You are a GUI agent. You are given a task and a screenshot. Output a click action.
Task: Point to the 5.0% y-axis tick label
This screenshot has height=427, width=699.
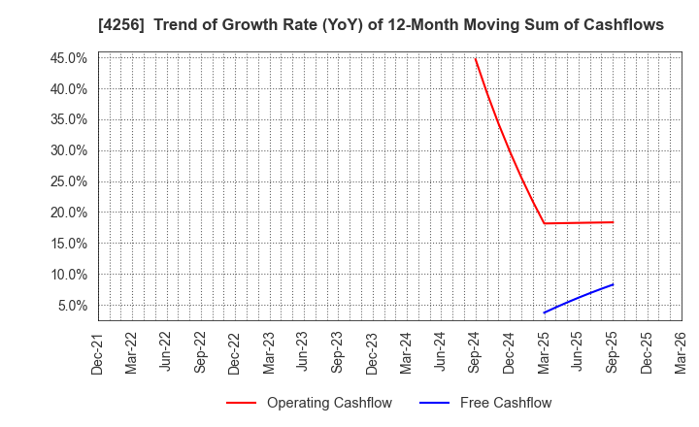71,306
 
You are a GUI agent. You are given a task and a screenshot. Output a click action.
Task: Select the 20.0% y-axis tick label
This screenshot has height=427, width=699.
67,213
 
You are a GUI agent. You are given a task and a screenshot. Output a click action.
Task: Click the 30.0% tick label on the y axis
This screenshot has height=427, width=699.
67,150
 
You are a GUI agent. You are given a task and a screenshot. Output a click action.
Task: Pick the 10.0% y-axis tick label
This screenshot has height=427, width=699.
67,275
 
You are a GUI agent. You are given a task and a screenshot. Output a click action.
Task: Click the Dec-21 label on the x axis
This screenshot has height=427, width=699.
98,353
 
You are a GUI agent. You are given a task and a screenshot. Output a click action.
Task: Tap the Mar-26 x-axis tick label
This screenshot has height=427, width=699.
681,353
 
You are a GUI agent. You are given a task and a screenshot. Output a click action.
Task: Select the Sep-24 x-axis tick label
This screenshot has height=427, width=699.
475,353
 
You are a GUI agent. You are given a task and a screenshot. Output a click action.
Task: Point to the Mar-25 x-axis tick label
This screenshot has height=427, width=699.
544,353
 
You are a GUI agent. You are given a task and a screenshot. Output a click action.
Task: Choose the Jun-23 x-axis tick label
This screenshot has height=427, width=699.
304,353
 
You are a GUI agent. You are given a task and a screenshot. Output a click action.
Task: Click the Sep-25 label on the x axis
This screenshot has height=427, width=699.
613,353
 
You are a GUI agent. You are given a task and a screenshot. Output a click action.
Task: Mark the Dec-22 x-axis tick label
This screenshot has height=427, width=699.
235,353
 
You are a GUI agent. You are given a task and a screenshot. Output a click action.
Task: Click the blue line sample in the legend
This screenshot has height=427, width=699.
435,403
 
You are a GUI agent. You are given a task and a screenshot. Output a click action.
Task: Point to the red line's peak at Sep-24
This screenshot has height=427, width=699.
475,58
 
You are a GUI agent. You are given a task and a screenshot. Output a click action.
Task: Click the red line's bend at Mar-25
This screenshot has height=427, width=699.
544,223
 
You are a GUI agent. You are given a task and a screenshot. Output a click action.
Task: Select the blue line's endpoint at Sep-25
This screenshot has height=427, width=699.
613,284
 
